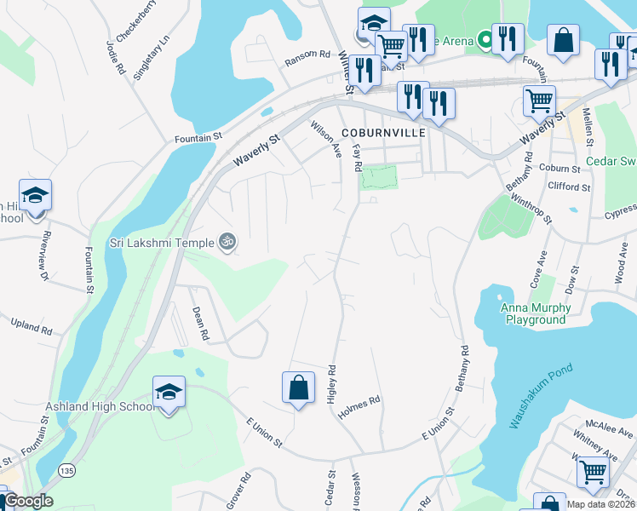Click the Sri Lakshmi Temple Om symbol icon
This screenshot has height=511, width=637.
tap(227, 242)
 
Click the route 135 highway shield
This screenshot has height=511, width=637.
tap(66, 469)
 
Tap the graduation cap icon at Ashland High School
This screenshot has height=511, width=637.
tap(169, 393)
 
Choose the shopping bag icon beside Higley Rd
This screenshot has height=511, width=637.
tap(299, 387)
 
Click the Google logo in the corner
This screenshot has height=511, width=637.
tap(27, 501)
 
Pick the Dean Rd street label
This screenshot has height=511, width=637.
tap(200, 324)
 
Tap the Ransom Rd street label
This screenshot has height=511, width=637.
tap(307, 55)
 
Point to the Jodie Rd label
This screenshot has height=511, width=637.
tap(115, 55)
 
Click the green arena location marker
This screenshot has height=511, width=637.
tap(485, 39)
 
